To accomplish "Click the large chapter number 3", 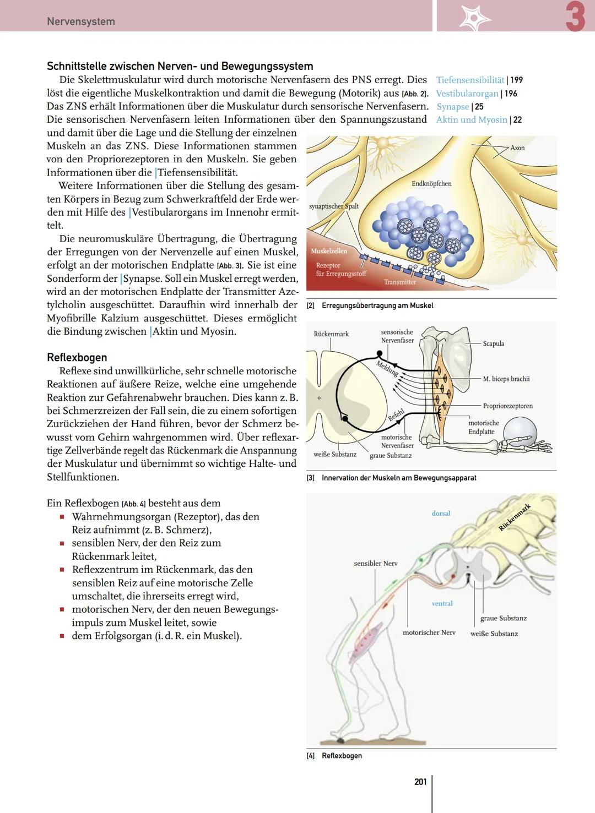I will point(575,17).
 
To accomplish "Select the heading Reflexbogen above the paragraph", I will point(77,357).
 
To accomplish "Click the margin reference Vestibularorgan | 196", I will point(477,94).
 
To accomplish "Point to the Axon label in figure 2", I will point(517,148).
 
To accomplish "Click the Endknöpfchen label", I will point(431,184).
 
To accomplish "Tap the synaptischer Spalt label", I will point(334,206).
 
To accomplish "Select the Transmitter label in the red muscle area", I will point(400,282).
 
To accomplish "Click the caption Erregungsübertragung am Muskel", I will point(377,305).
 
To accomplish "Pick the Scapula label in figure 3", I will point(493,343).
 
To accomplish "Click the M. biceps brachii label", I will point(506,379).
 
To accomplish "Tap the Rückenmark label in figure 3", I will point(331,334).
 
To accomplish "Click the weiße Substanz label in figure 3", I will point(335,455).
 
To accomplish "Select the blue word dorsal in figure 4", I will point(441,514).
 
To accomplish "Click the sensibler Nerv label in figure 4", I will point(375,564).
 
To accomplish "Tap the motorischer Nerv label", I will point(429,632).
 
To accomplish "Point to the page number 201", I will point(420,782).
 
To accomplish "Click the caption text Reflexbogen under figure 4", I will point(342,756).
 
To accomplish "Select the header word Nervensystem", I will point(81,21).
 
